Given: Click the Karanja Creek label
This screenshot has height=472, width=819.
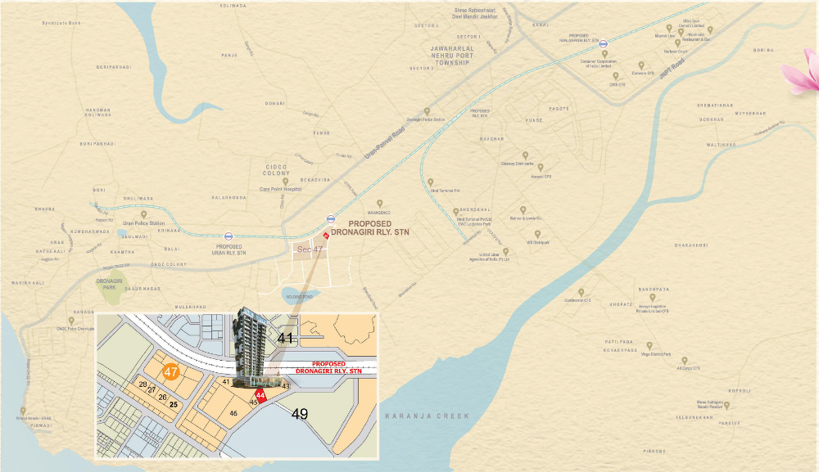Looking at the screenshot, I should pyautogui.click(x=428, y=416).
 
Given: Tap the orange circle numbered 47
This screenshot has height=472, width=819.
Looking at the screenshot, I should pyautogui.click(x=171, y=371).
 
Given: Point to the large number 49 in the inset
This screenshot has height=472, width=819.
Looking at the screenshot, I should pyautogui.click(x=300, y=414).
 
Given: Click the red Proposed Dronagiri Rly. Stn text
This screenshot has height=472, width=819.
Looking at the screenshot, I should pyautogui.click(x=328, y=367).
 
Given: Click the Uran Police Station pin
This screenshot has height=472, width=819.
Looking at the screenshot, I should pyautogui.click(x=144, y=214).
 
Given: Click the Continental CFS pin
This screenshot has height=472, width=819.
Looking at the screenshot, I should pyautogui.click(x=581, y=291).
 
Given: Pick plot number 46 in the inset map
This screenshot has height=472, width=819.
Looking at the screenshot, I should pyautogui.click(x=233, y=414).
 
